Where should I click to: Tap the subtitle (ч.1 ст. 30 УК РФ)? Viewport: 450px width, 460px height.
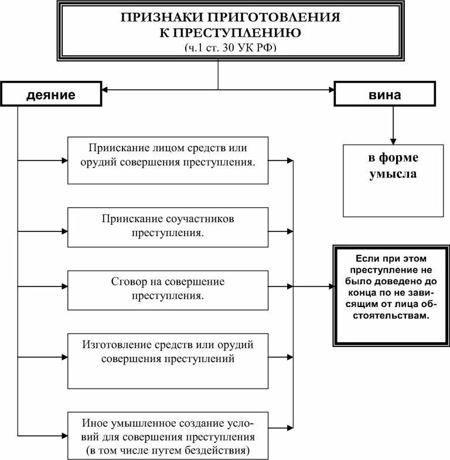(219, 48)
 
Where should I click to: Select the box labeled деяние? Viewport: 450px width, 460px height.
(50, 94)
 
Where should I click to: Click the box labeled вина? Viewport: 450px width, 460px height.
(386, 94)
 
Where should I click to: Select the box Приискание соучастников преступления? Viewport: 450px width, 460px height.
(168, 226)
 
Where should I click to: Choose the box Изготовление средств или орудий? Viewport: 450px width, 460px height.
(168, 360)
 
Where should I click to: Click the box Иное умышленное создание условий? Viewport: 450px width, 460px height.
(168, 436)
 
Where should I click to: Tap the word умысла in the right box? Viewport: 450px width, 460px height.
(393, 175)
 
